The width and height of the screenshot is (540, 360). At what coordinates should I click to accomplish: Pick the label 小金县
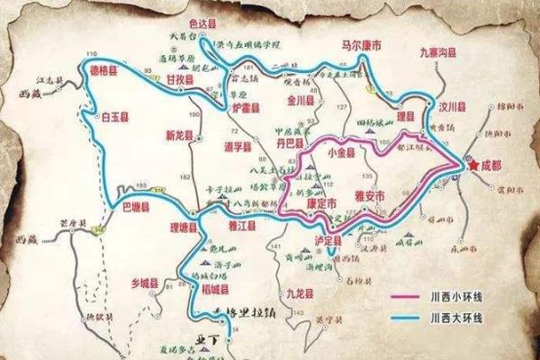[x=343, y=153]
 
